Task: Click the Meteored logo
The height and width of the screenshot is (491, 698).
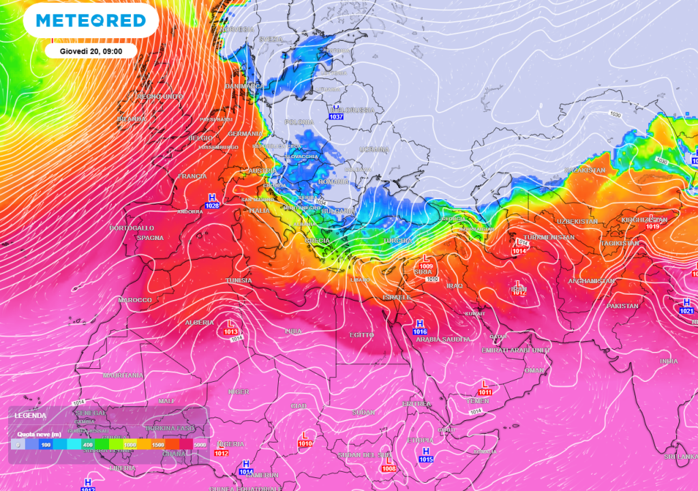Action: click(91, 20)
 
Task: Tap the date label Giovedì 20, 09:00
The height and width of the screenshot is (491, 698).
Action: click(91, 50)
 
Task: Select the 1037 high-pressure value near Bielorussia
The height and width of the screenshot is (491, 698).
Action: click(336, 117)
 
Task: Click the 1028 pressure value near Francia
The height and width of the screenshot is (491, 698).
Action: click(213, 205)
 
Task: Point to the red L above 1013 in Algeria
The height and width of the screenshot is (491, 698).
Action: click(230, 323)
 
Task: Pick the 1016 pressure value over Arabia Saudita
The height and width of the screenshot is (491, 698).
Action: click(420, 331)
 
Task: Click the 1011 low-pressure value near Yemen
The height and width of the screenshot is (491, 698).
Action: click(485, 392)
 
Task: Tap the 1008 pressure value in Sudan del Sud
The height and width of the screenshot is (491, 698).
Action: click(389, 468)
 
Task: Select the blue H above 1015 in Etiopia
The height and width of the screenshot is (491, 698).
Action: click(426, 451)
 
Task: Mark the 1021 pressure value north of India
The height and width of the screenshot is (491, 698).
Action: click(686, 311)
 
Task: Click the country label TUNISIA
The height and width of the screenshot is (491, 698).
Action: click(239, 280)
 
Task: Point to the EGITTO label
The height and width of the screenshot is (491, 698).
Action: click(362, 335)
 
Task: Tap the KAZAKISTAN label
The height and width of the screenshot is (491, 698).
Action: click(585, 170)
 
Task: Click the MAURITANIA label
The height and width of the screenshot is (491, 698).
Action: click(123, 375)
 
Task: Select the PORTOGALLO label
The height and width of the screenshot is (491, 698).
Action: click(132, 227)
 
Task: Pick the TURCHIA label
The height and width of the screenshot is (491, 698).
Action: click(398, 241)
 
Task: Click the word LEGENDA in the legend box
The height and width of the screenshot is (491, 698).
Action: click(31, 415)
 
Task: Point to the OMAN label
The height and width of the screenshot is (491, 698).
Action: click(534, 370)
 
